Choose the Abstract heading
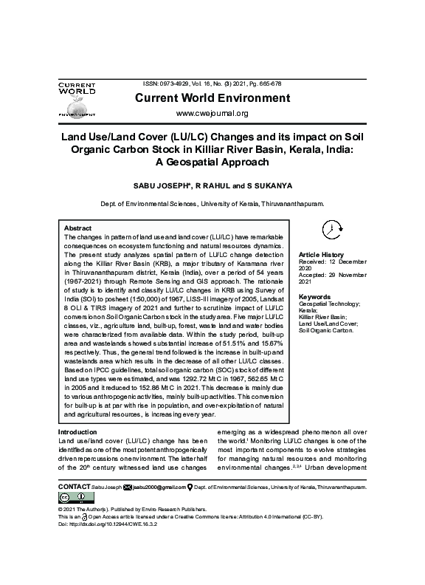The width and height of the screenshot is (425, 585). coord(78,228)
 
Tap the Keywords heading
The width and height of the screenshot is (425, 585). coord(314,298)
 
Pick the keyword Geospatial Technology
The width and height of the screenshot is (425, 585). coord(329,304)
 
